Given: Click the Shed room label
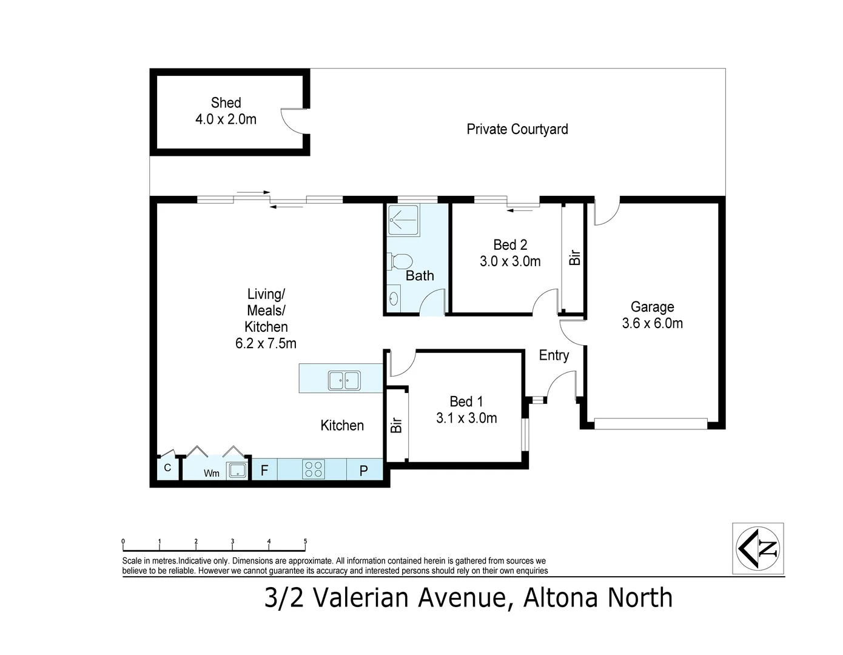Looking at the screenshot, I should [226, 103].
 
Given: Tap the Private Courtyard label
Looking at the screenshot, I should [517, 129].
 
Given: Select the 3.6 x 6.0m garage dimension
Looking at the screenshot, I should [652, 323].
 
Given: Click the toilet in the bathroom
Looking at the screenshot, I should [400, 261].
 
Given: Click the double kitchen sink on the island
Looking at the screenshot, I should [344, 381].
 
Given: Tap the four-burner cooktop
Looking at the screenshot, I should [314, 469].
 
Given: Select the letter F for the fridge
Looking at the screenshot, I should [264, 470].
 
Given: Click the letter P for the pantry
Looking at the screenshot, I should [363, 470].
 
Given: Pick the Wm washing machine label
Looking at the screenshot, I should [211, 473].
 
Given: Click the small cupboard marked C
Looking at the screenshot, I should [167, 468].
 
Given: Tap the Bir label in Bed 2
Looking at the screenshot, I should [575, 258].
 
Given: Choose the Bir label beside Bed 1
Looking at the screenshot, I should [397, 425].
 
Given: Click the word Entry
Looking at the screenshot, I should [554, 355].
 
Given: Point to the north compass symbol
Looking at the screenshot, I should [758, 548].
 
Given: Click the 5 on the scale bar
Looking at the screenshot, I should [305, 542].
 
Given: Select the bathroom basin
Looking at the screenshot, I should [394, 298].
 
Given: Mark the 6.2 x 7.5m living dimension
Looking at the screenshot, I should [266, 343].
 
